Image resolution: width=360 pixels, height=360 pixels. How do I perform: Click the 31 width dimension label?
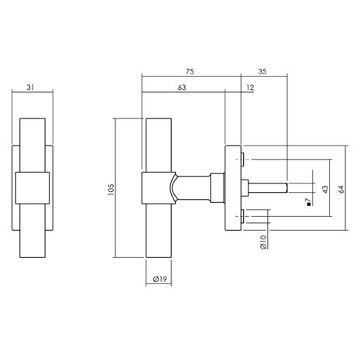pyautogui.click(x=30, y=87)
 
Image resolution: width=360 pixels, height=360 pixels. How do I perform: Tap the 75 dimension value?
pyautogui.click(x=190, y=71)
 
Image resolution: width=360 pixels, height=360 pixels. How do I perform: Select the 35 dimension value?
pyautogui.click(x=262, y=71)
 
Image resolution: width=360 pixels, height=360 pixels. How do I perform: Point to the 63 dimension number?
pyautogui.click(x=182, y=87)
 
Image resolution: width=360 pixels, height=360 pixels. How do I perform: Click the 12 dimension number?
pyautogui.click(x=250, y=87)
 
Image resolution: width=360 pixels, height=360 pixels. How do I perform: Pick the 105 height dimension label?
pyautogui.click(x=111, y=190)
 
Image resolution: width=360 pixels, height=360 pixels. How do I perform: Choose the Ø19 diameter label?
pyautogui.click(x=160, y=279)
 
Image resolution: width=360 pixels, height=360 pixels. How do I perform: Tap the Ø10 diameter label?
pyautogui.click(x=263, y=242)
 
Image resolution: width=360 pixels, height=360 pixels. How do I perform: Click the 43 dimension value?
pyautogui.click(x=325, y=190)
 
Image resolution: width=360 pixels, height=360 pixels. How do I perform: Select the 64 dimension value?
pyautogui.click(x=341, y=190)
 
